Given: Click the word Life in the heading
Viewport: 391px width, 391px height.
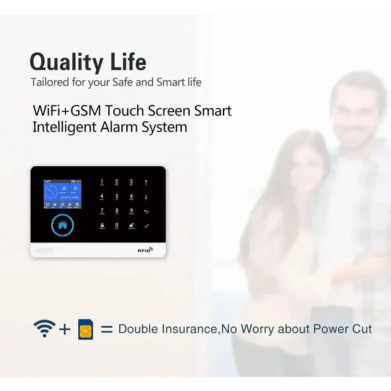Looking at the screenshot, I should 127,63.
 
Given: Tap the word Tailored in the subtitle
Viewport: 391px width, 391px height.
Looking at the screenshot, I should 51,83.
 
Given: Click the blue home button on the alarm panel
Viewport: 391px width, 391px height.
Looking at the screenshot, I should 63,225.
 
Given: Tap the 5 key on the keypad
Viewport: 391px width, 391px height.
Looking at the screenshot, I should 117,197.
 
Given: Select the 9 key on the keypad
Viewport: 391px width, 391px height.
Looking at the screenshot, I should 132,211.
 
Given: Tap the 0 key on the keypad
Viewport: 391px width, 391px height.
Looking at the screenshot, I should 117,226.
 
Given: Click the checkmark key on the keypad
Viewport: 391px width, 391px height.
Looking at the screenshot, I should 147,226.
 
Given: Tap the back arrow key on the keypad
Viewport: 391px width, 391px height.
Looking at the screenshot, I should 147,211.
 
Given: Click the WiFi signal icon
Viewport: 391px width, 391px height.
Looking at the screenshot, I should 44,328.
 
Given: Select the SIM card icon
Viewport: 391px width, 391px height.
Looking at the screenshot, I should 85,329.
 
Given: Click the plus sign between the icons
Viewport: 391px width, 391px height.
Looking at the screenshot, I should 65,329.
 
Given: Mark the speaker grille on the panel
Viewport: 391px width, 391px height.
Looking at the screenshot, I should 44,250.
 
